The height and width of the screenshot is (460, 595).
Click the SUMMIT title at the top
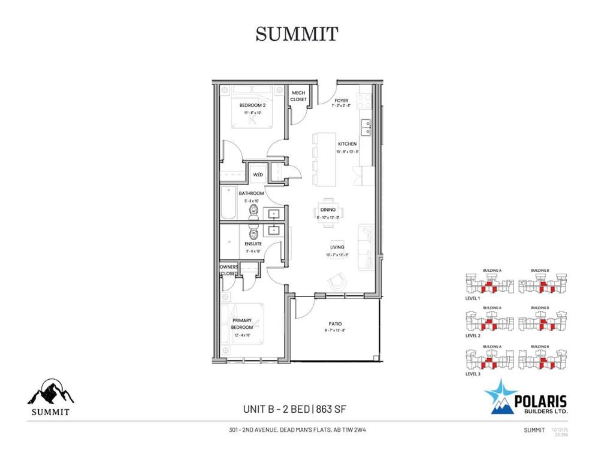[x=297, y=34]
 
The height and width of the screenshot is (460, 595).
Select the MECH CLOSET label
[x=298, y=96]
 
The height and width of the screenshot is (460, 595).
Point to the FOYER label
[x=341, y=101]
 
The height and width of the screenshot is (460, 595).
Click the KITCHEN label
[x=347, y=144]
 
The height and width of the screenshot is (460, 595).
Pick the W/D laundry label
[x=258, y=175]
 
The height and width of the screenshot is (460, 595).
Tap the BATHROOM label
[x=252, y=193]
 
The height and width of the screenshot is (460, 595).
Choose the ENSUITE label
[x=253, y=244]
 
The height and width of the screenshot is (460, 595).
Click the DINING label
[x=328, y=210]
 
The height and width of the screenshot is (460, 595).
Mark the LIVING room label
[x=336, y=247]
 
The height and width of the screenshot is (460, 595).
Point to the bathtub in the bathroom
[x=228, y=204]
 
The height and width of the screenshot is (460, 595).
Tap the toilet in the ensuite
[x=253, y=233]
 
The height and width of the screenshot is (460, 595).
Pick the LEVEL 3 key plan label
[x=472, y=374]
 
